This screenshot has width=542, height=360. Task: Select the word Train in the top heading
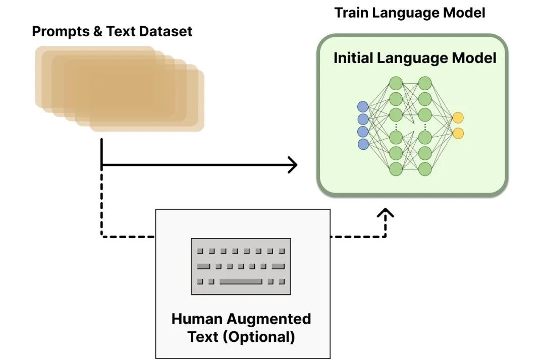(351, 13)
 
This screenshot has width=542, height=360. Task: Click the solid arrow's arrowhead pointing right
(293, 165)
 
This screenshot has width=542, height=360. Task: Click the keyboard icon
(241, 266)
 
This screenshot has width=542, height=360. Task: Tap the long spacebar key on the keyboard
(241, 281)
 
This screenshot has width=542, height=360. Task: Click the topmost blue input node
(363, 106)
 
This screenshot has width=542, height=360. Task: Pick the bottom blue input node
(363, 144)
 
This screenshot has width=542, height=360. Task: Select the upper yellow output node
(458, 118)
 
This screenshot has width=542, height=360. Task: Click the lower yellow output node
(458, 133)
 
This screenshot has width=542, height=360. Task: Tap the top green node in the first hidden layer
(396, 83)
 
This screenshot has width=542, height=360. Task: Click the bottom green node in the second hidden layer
(425, 169)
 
